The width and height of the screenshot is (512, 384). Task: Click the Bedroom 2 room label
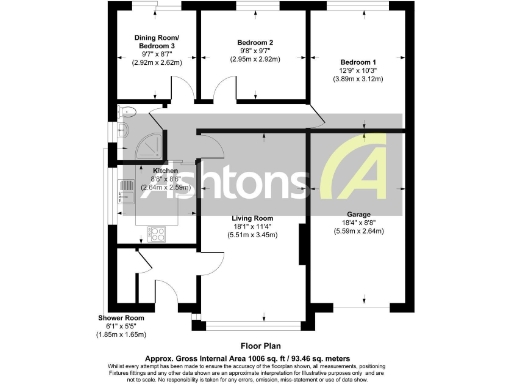click(x=255, y=43)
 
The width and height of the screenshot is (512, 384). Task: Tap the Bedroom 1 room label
click(x=356, y=62)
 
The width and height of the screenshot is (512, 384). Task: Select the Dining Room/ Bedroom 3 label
click(x=154, y=42)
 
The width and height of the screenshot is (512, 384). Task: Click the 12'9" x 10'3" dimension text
click(x=356, y=70)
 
